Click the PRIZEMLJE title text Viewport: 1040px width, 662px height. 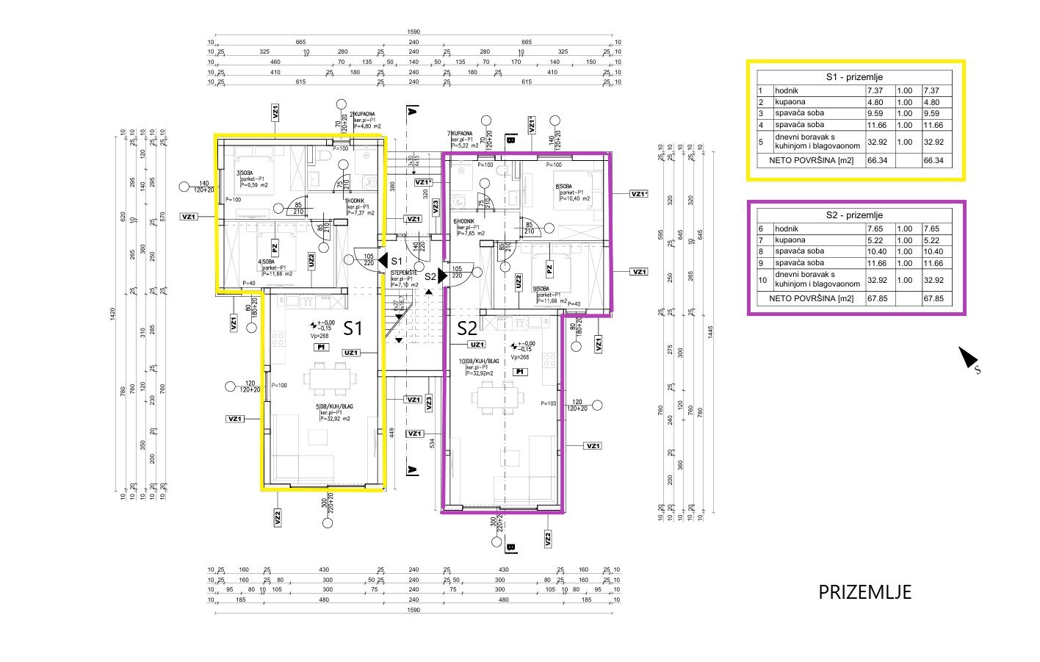tap(864, 592)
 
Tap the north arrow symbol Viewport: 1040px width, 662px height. tap(969, 358)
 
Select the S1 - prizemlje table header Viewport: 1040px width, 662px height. tap(854, 77)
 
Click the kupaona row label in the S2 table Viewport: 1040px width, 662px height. tap(790, 240)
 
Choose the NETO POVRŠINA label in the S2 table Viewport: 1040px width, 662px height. tap(811, 299)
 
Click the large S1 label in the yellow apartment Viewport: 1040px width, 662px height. tap(353, 328)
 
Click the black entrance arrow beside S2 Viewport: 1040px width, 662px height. tap(442, 276)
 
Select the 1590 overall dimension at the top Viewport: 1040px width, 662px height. tap(414, 32)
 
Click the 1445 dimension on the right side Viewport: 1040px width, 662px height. tap(709, 332)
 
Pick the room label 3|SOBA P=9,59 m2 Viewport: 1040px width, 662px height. tap(251, 179)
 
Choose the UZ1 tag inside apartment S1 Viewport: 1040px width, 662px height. tap(351, 353)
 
